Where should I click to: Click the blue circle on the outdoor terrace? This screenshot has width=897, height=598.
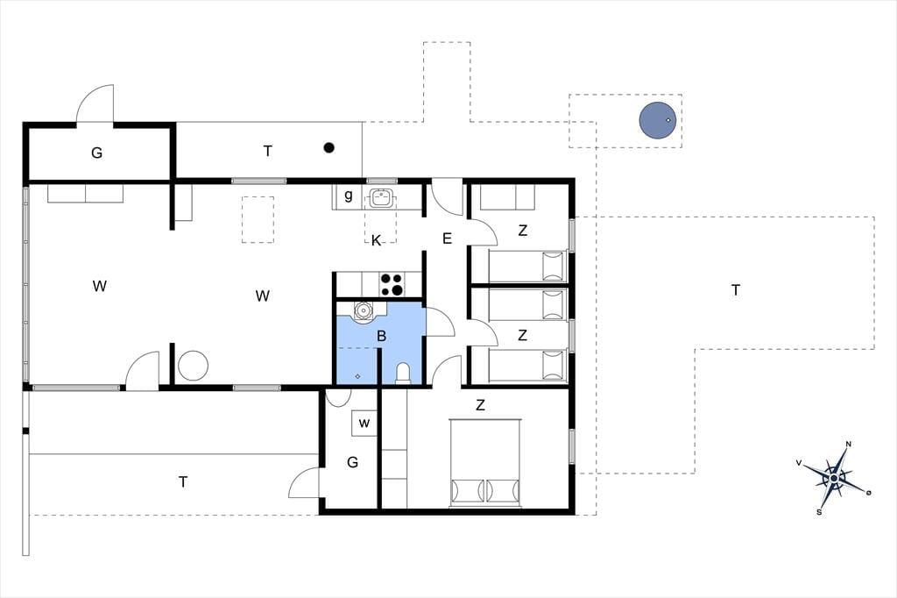658,120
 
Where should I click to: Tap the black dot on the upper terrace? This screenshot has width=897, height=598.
329,148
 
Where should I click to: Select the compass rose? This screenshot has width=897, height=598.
835,478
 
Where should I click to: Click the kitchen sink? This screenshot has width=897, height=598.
382,197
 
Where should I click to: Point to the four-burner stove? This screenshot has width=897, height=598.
392,285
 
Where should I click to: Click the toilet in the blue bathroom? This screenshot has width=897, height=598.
403,373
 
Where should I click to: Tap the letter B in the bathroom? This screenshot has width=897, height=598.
382,336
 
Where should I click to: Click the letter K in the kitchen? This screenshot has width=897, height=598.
376,240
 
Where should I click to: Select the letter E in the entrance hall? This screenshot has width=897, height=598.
448,238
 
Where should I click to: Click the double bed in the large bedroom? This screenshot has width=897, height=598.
485,463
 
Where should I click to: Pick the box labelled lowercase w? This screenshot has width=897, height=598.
364,424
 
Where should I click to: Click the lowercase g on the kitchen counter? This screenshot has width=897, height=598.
349,196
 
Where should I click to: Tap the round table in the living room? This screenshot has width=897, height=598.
193,366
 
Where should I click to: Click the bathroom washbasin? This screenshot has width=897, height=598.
363,311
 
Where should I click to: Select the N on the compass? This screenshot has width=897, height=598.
848,444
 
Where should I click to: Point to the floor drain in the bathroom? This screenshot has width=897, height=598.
357,376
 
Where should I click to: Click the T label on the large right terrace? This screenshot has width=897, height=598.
736,290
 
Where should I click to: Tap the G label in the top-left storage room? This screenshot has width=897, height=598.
96,153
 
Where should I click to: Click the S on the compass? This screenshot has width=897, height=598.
819,512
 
